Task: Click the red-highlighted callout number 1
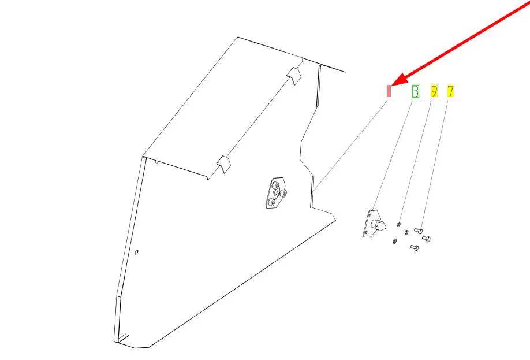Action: point(389,91)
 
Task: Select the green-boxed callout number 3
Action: point(416,91)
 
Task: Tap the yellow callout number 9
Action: point(434,91)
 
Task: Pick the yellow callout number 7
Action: point(450,91)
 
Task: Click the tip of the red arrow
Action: point(392,86)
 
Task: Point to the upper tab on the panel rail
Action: point(294,76)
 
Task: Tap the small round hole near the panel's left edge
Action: point(137,252)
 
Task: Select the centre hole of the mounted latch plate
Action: point(275,193)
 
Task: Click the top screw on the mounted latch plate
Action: point(277,185)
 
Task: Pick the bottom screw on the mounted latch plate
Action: point(273,202)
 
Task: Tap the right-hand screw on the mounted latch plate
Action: point(285,193)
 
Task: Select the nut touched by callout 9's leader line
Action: point(399,224)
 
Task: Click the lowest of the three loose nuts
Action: point(394,241)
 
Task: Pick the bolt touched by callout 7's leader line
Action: point(419,231)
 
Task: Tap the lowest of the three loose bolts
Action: point(415,248)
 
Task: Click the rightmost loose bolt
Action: point(426,239)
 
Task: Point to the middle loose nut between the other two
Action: point(406,232)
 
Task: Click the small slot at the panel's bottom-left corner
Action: point(123,337)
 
